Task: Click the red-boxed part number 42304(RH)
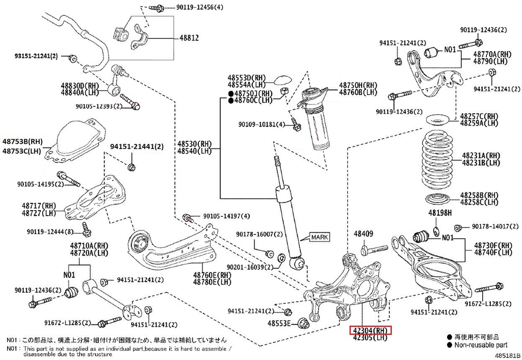point(371,330)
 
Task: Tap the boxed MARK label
point(319,237)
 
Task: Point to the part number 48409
point(364,234)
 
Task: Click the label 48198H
point(440,213)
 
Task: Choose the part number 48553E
point(280,323)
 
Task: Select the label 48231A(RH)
point(481,155)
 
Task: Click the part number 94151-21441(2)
point(137,147)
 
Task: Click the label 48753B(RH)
point(22,141)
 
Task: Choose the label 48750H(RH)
point(358,85)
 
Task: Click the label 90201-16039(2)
point(251,267)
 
